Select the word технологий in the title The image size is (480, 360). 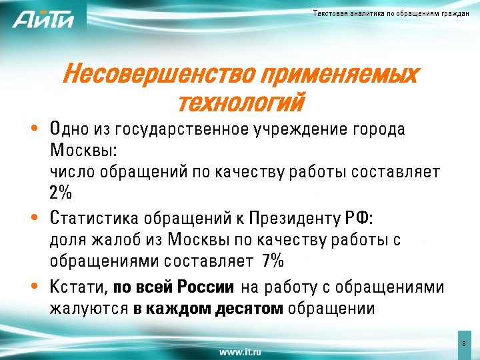click(x=241, y=103)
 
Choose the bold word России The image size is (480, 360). click(x=206, y=287)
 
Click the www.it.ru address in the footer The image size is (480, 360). click(x=240, y=350)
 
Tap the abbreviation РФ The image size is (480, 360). click(x=359, y=218)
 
